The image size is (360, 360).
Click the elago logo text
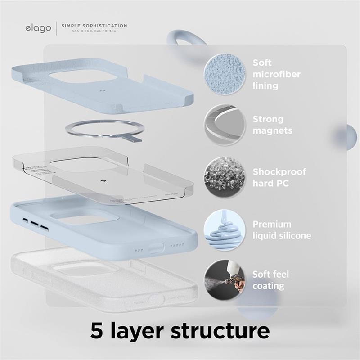(x=38, y=28)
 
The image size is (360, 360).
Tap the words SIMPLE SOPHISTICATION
(x=94, y=26)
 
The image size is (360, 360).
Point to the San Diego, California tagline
(x=94, y=31)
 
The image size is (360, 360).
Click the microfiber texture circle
(x=224, y=74)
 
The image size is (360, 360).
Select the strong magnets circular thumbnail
(x=224, y=125)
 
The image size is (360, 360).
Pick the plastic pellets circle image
(x=224, y=177)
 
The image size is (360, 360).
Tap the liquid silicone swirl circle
(x=224, y=229)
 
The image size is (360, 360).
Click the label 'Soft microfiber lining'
(x=276, y=74)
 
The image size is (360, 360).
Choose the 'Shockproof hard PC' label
(x=279, y=177)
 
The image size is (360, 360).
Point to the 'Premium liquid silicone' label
(x=282, y=230)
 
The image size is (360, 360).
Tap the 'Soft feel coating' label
(x=271, y=280)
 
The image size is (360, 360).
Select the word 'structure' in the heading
(x=220, y=331)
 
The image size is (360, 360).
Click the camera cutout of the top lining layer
(x=84, y=75)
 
